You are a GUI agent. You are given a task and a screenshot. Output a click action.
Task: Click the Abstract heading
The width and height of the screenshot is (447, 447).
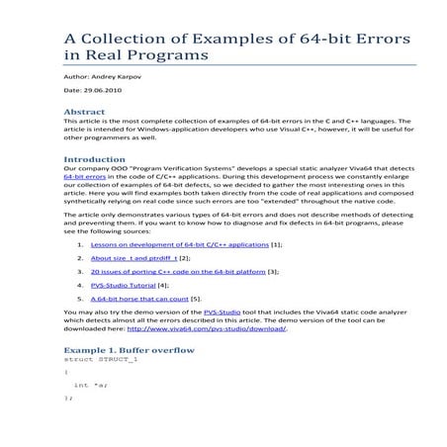pos(84,113)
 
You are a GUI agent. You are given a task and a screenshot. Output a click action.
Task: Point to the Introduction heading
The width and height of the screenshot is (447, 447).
pos(95,158)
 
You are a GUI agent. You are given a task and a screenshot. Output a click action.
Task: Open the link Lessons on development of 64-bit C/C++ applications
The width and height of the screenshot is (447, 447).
pos(179,242)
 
